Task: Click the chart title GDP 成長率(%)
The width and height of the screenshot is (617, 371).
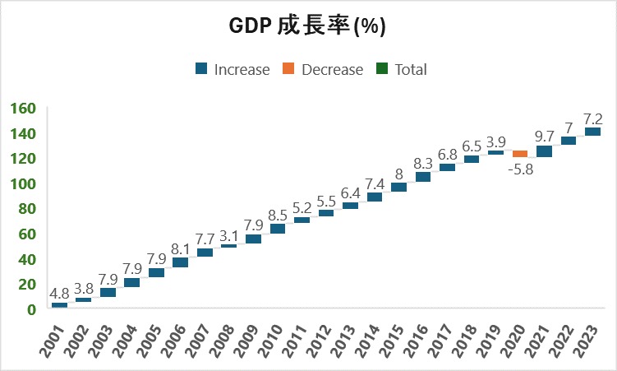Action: [307, 27]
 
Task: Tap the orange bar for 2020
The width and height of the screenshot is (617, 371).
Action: [520, 154]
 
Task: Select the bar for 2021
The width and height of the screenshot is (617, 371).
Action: [545, 151]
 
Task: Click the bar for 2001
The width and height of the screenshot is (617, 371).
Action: [59, 305]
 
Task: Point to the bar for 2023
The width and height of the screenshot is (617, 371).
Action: [593, 132]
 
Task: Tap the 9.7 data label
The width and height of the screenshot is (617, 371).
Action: [544, 135]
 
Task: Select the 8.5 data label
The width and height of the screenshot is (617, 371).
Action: [278, 216]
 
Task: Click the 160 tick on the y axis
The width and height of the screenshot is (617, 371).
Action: [23, 109]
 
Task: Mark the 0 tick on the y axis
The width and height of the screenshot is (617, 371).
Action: [31, 309]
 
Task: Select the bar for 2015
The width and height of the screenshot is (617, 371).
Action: [399, 187]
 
